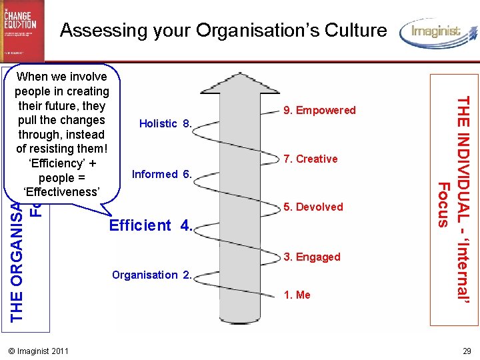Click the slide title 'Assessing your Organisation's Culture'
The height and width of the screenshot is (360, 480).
click(223, 30)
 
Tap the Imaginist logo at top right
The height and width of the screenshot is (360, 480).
click(437, 32)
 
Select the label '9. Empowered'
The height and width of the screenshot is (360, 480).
click(320, 110)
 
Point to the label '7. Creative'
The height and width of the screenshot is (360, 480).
click(310, 159)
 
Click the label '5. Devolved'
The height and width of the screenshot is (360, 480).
click(313, 207)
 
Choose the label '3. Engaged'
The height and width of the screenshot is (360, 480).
click(312, 257)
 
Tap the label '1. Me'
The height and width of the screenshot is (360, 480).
click(297, 295)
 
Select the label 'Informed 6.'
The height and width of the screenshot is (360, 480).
click(163, 175)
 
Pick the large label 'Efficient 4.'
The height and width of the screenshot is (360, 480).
click(151, 225)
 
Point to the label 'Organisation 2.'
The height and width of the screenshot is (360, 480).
click(152, 275)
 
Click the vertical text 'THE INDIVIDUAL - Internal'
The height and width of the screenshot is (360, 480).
click(465, 200)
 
